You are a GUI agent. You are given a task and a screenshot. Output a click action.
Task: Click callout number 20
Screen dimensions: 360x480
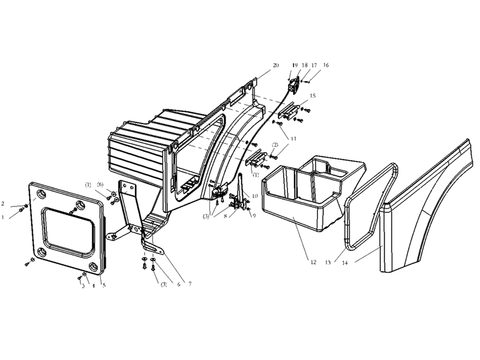275,65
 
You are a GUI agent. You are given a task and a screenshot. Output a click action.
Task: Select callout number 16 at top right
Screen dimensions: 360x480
326,65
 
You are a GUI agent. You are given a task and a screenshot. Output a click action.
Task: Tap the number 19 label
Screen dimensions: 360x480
295,65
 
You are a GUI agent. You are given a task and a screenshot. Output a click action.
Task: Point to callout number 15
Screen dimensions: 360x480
313,96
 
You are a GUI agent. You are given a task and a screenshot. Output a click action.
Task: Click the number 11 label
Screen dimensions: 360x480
293,138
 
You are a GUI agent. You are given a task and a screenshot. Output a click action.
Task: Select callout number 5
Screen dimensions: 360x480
103,285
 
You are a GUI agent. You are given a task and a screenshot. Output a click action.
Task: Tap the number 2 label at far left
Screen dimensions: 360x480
3,203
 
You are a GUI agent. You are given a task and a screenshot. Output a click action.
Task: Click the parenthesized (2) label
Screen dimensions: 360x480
275,145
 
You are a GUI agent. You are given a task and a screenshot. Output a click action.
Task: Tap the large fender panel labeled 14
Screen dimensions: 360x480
432,210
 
